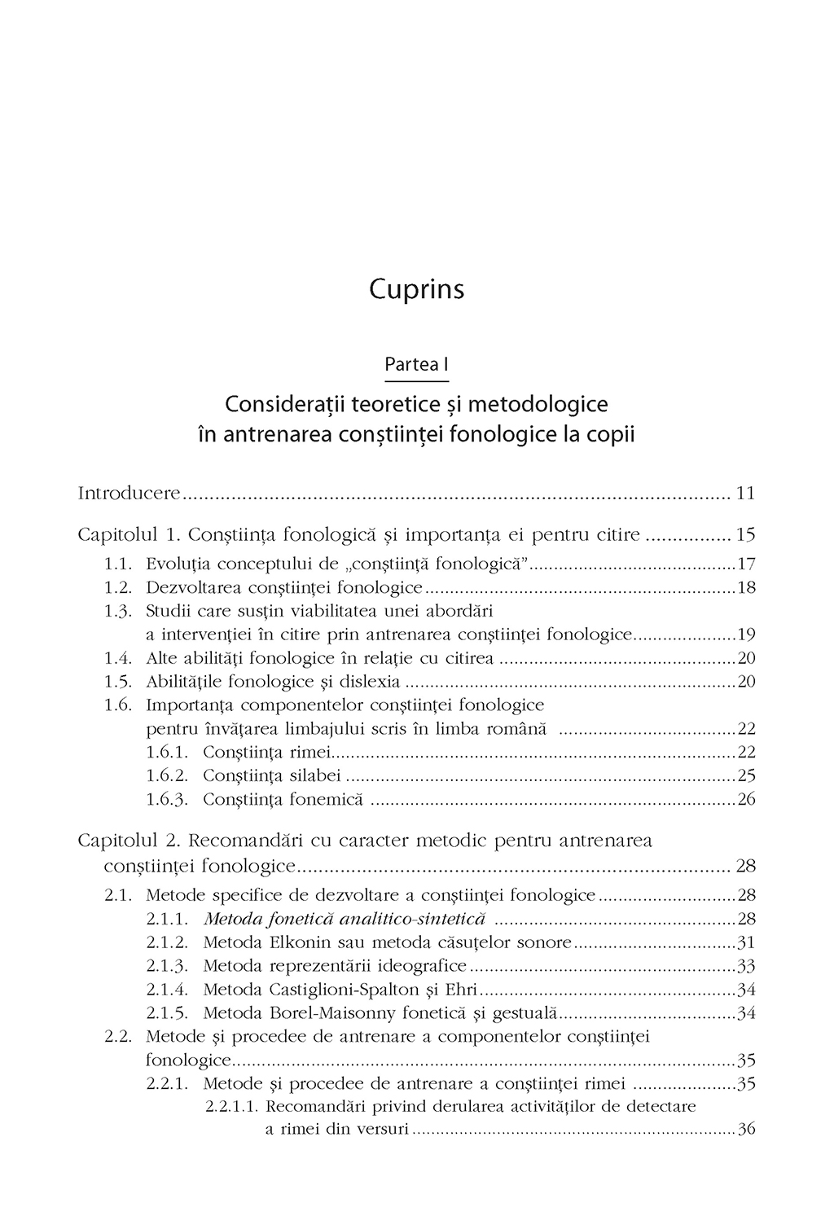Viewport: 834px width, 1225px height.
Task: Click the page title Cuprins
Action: point(416,291)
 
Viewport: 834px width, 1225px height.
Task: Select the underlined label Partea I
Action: point(416,365)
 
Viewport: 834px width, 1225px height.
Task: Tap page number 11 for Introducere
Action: point(745,493)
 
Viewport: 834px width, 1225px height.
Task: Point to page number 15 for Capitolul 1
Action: point(745,535)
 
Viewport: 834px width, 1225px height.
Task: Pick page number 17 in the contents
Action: point(746,563)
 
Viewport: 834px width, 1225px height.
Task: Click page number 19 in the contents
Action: point(746,634)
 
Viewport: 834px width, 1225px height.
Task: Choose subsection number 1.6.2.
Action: point(167,775)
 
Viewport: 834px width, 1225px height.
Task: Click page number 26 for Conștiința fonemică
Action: point(746,799)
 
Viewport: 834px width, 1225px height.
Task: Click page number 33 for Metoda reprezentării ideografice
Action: point(746,967)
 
